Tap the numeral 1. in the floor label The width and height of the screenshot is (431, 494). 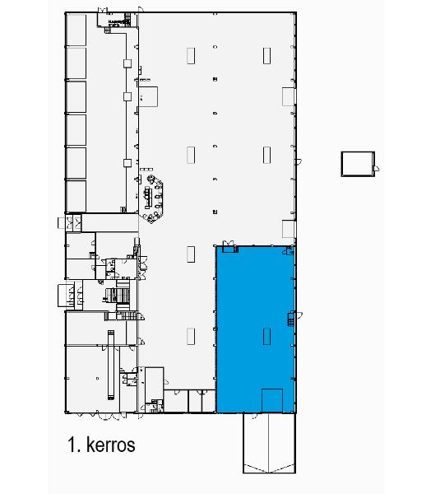click(x=75, y=445)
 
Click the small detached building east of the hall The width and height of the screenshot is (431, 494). click(x=357, y=163)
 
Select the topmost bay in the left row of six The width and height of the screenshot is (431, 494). click(x=76, y=30)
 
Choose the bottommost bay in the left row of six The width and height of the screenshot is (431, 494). click(x=76, y=196)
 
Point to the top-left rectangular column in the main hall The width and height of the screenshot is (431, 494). click(x=191, y=55)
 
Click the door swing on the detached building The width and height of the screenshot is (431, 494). click(x=377, y=169)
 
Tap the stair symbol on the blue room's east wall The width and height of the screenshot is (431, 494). click(x=290, y=319)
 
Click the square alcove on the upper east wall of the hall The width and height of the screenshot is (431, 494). click(x=289, y=95)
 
